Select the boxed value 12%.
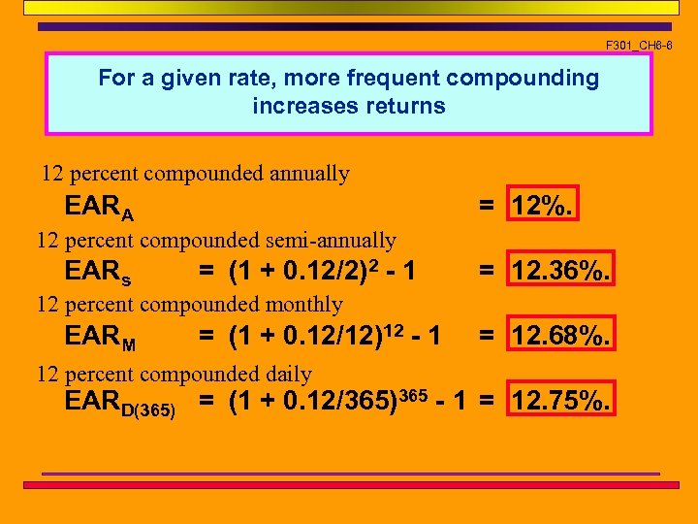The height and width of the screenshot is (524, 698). tap(544, 205)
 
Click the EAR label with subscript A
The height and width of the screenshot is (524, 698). tap(99, 207)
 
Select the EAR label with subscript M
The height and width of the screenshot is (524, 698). tap(100, 337)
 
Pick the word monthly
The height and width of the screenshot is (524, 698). tap(305, 305)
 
